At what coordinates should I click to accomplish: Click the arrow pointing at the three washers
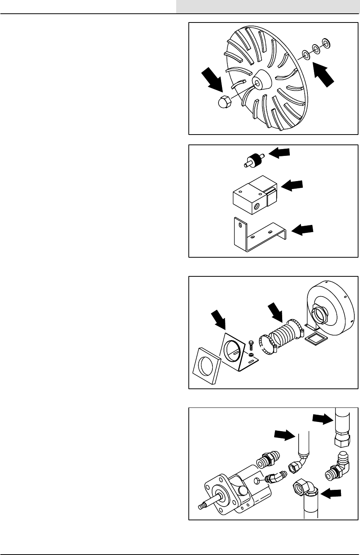click(x=323, y=75)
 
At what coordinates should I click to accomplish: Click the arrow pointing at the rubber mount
click(x=279, y=153)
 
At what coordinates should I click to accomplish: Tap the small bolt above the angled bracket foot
click(x=250, y=345)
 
